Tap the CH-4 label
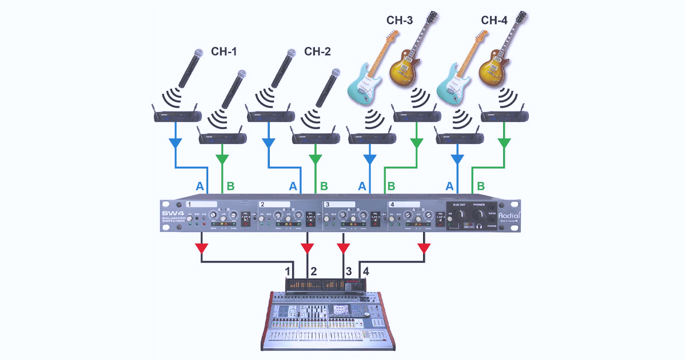494,21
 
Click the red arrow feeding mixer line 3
344,248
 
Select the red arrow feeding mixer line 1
201,249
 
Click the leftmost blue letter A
200,186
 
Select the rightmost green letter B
482,186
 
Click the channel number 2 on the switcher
262,204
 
